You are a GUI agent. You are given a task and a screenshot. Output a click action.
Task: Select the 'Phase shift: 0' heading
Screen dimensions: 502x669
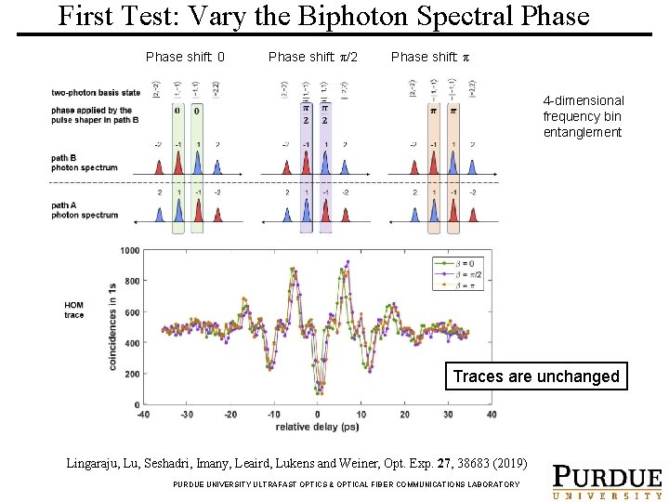tap(185, 58)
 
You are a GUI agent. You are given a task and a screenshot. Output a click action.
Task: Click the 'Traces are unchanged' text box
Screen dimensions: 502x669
tap(535, 376)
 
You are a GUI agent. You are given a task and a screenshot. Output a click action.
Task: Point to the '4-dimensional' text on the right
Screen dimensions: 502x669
tap(584, 100)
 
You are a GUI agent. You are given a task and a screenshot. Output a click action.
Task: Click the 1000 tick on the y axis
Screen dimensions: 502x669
tap(128, 251)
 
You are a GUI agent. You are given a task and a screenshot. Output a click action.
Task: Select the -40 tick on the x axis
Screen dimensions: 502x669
tap(143, 415)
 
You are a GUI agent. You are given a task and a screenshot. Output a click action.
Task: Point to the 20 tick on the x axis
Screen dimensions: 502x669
tap(404, 415)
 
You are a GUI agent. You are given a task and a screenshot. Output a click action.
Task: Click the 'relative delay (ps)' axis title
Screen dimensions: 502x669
tap(316, 429)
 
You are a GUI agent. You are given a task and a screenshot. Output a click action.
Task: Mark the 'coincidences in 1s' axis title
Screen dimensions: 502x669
tap(112, 327)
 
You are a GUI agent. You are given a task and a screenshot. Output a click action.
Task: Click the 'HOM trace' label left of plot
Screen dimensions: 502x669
tap(73, 310)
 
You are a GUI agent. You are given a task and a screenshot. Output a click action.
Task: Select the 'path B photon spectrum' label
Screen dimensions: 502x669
tap(85, 163)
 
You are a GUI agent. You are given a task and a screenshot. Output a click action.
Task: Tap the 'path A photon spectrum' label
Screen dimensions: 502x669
tap(85, 210)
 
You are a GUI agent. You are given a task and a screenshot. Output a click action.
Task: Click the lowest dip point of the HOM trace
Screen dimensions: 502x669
tap(320, 392)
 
